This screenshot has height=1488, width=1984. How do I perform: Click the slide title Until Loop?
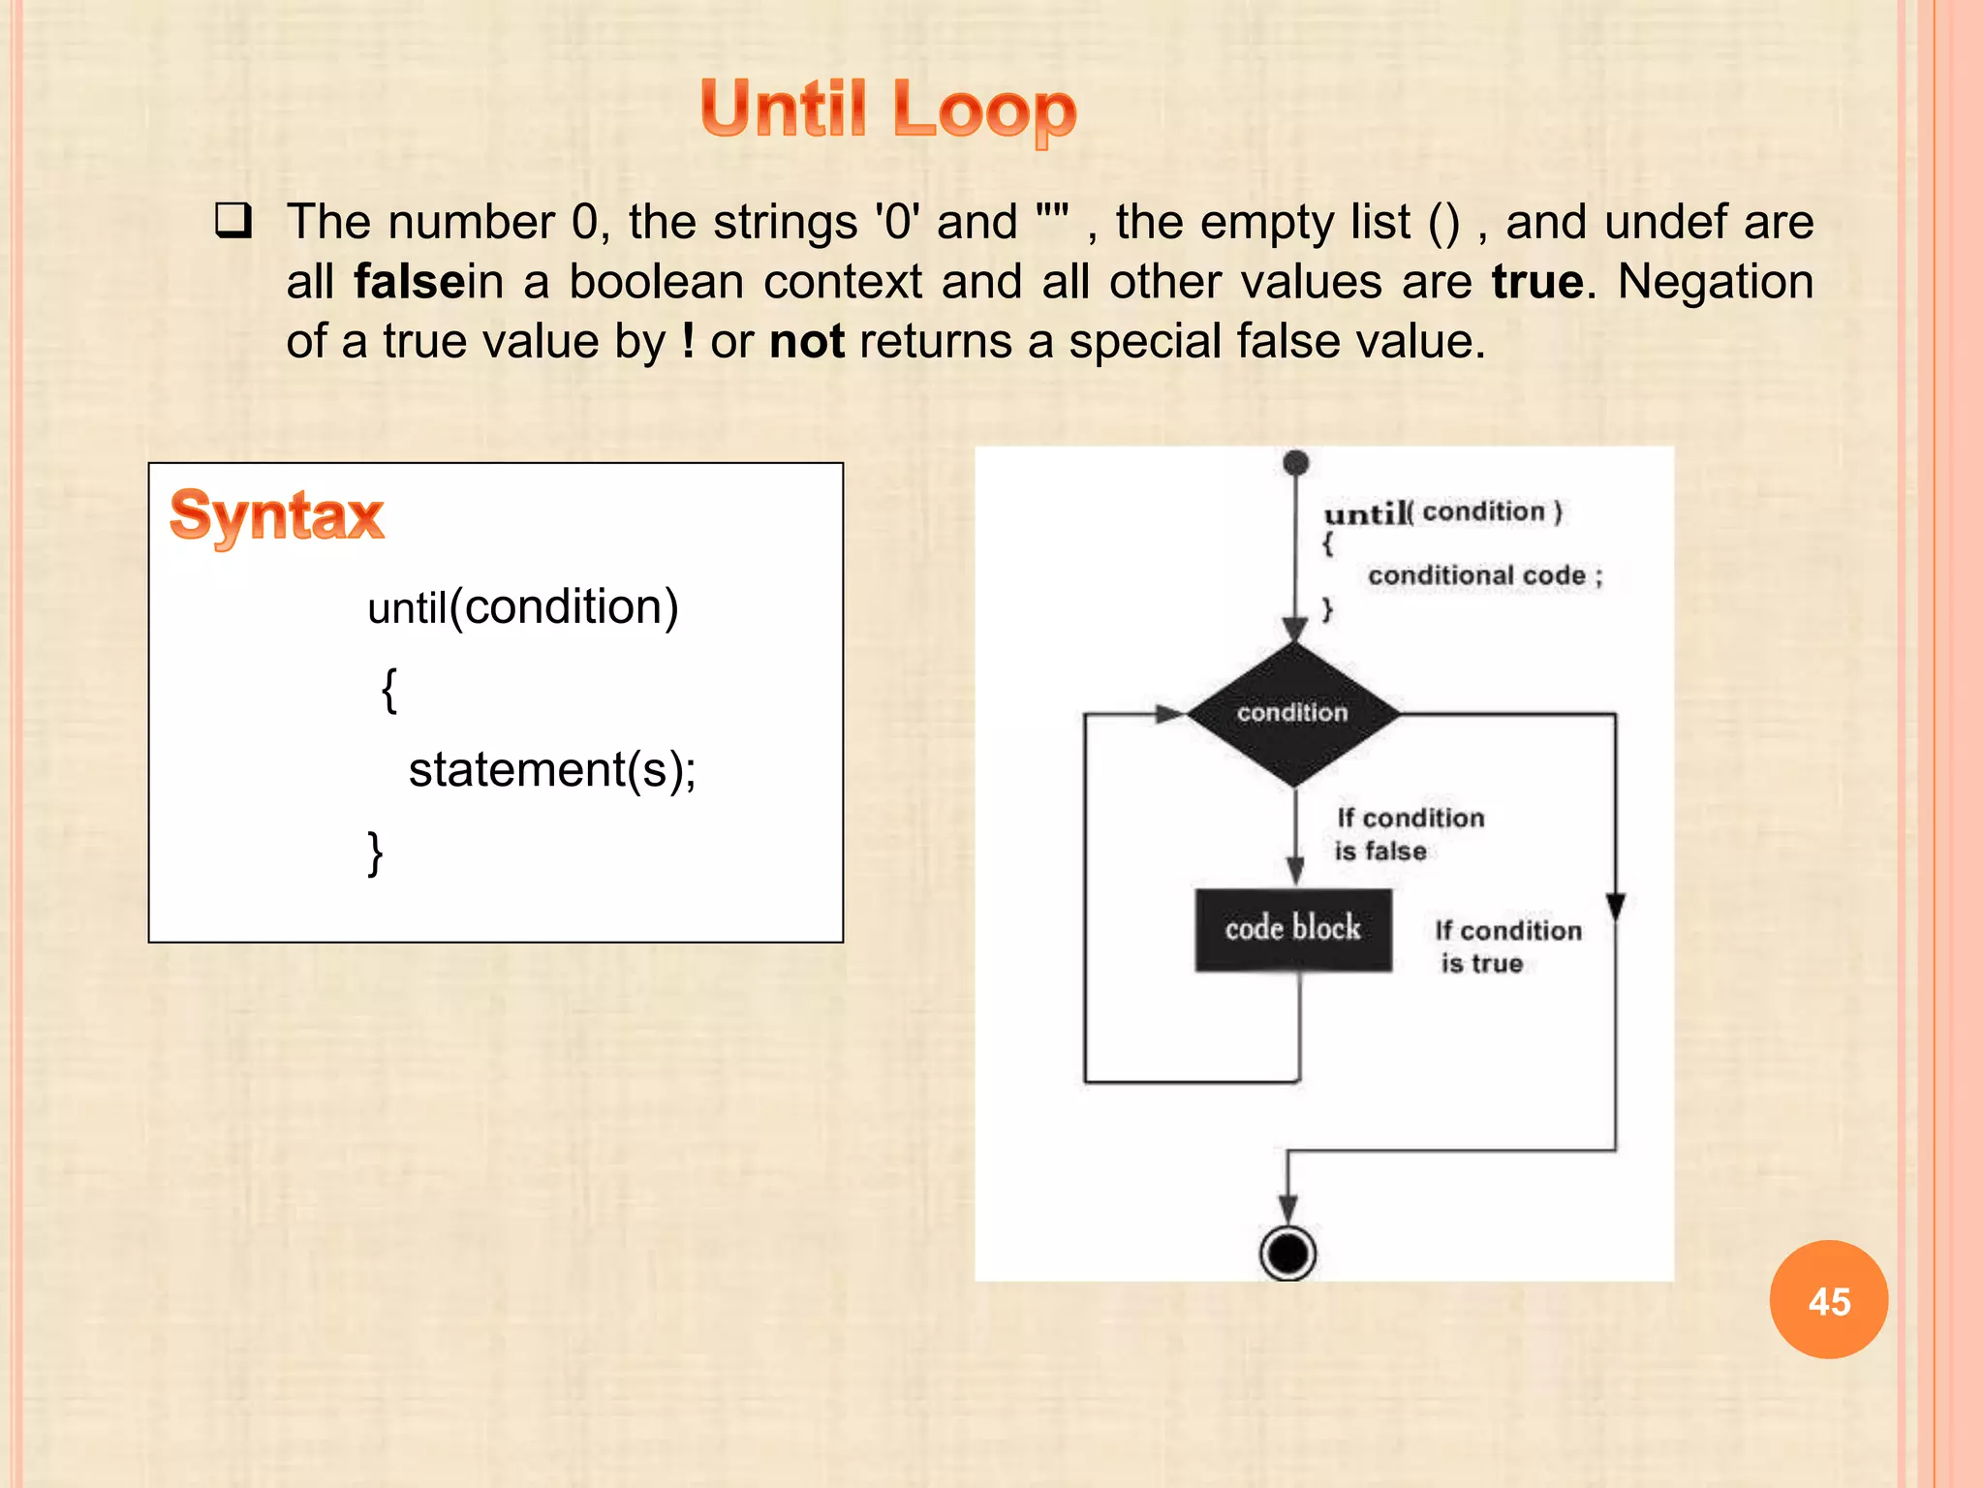click(x=887, y=109)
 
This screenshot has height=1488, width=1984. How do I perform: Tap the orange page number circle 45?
click(x=1828, y=1300)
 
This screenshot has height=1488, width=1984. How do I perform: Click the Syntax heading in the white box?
click(x=277, y=515)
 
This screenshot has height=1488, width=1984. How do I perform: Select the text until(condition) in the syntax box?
click(x=523, y=608)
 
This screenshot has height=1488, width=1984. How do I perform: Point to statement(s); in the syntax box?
click(x=552, y=771)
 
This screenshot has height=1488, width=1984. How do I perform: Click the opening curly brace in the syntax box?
click(x=388, y=690)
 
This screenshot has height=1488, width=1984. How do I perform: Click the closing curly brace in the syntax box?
click(x=375, y=852)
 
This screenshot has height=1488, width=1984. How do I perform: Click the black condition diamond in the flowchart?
click(x=1293, y=714)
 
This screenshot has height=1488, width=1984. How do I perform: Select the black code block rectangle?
click(x=1293, y=929)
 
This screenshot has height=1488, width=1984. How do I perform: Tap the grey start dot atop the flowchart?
click(x=1295, y=463)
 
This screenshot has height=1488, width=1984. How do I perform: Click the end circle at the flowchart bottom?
click(x=1287, y=1254)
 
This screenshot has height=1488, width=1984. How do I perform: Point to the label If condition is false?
click(x=1409, y=834)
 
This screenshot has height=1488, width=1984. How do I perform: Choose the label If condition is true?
click(x=1507, y=946)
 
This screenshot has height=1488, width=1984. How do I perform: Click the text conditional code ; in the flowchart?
click(x=1484, y=576)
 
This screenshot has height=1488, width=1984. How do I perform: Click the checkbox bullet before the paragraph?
click(x=233, y=222)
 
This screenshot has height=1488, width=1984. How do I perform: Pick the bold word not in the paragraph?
click(x=806, y=342)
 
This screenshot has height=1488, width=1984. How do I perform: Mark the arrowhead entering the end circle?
click(x=1287, y=1211)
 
